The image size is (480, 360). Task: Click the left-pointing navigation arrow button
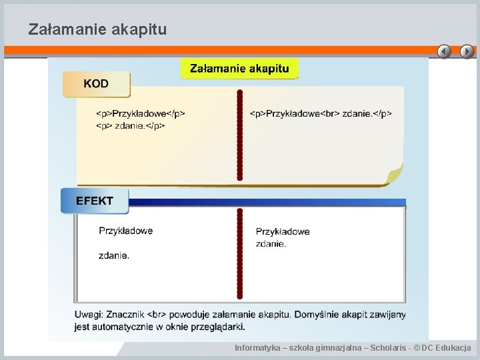coord(444,51)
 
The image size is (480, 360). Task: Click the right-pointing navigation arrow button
coord(467,51)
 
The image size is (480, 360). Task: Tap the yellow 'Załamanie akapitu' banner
coord(239,69)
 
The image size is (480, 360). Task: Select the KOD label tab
coord(96,84)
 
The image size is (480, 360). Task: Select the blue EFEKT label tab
coord(94,201)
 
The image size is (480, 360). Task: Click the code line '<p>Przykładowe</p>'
coord(141,113)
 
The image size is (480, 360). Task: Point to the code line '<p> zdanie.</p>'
coord(131,125)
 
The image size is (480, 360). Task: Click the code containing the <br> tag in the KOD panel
coord(321,113)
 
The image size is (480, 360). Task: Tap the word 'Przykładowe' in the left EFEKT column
coord(125,231)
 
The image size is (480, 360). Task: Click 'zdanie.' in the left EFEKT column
coord(114,255)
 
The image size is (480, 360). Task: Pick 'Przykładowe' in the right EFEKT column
coord(283,231)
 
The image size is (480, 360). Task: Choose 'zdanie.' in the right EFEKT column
coord(271,243)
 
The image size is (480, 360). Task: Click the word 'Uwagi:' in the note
coord(88,314)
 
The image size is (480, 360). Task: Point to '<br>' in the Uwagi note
coord(157,314)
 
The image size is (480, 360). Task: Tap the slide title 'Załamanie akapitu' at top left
coord(97,29)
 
